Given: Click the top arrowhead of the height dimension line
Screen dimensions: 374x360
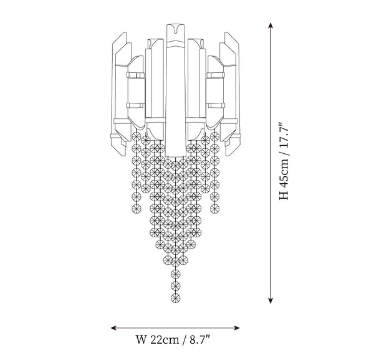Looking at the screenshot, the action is pos(271,25).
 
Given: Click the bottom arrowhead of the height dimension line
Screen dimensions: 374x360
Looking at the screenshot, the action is pos(271,301).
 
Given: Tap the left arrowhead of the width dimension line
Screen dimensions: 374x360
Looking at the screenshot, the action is pos(113,328).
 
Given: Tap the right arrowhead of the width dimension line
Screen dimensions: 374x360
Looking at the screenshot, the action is pos(237,328).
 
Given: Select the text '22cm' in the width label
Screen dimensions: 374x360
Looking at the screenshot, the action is pos(165,339).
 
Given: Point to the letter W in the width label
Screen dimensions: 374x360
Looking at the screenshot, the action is pos(141,339).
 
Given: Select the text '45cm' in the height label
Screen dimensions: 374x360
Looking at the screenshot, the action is pos(284,173).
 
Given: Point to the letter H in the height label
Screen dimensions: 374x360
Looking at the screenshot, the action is pos(284,195).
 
